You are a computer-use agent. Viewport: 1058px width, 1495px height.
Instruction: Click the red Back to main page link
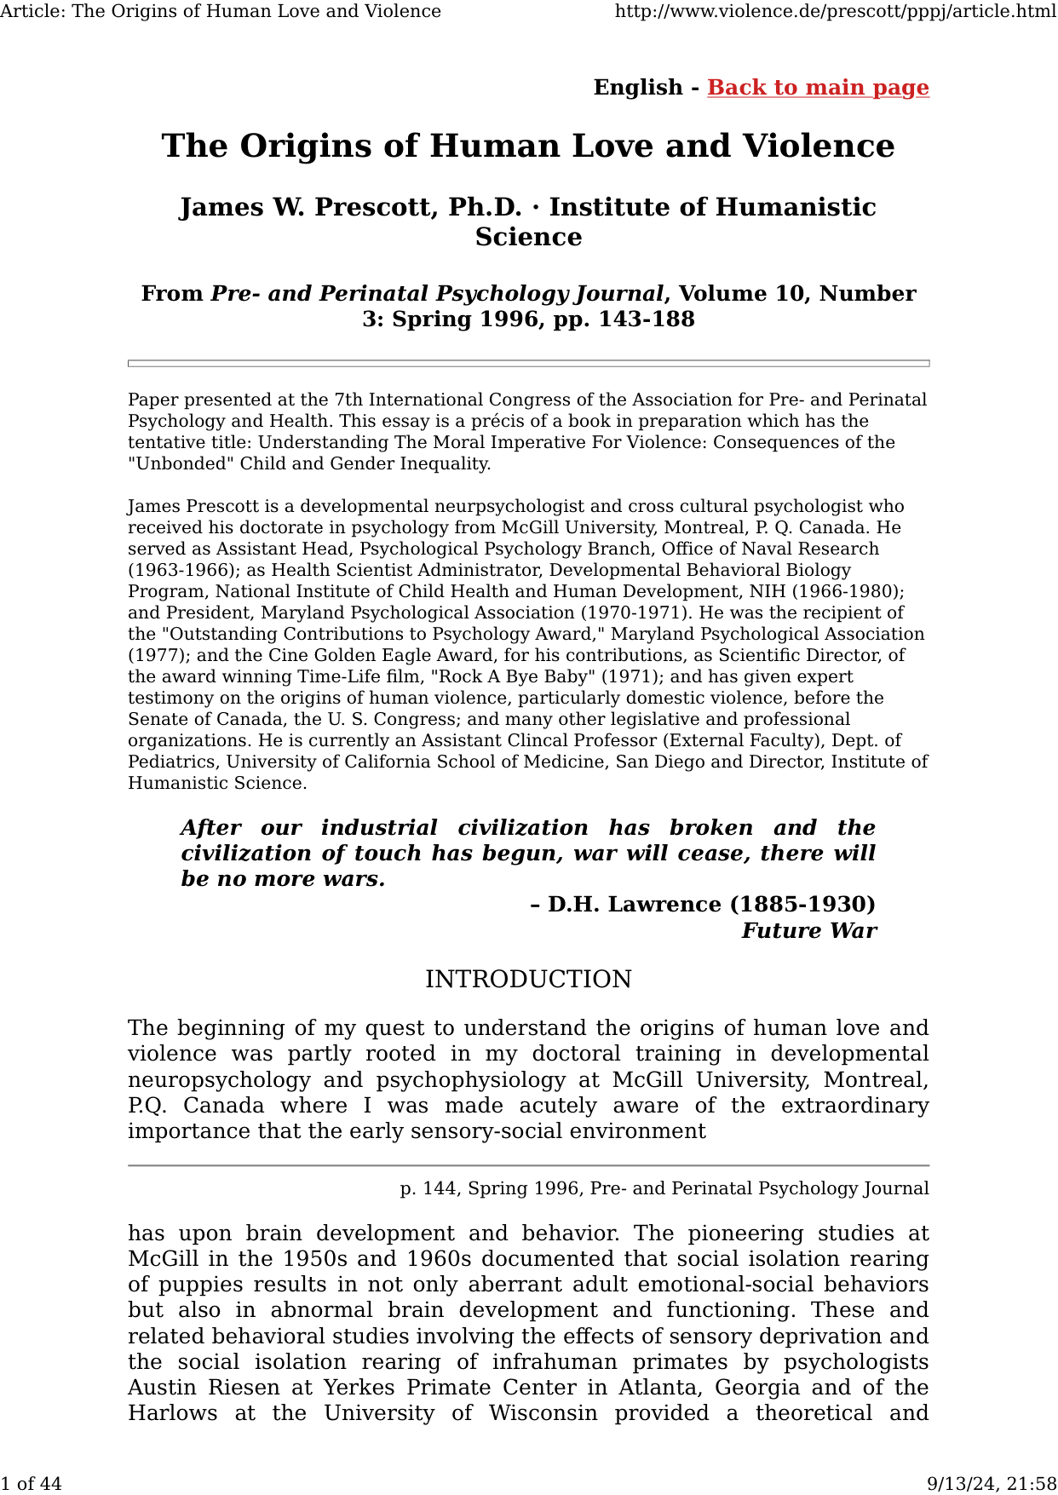818,88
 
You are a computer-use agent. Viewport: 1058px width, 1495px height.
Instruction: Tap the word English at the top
638,88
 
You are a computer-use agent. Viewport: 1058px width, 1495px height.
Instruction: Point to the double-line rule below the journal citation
528,364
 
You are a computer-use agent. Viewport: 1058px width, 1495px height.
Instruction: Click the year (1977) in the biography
154,655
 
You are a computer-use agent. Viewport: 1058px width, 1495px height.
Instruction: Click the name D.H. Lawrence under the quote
633,904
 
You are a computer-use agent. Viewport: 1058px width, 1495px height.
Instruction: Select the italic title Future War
808,930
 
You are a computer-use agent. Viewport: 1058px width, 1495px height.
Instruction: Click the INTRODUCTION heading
528,980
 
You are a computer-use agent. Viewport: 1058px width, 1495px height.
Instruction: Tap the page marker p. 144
429,1188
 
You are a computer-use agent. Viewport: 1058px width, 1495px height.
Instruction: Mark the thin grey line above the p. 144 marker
528,1165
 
